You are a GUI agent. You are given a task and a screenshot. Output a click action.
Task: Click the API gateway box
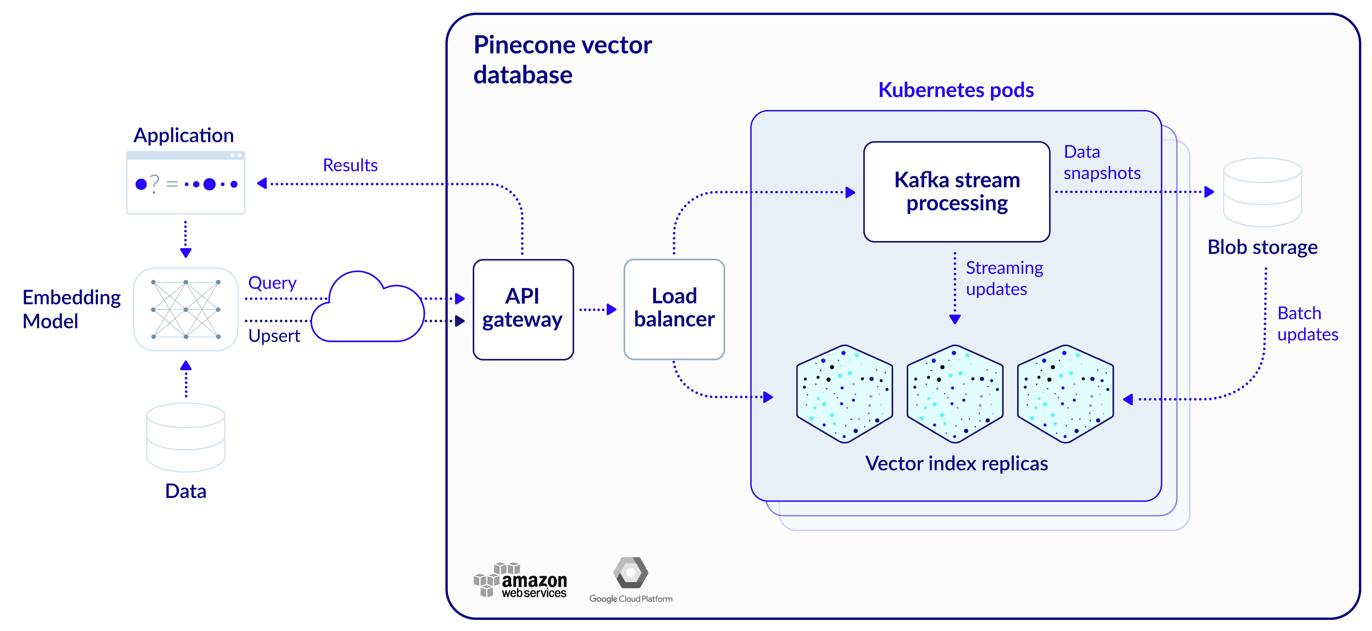[523, 309]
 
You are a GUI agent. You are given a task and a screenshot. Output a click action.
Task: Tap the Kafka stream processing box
[957, 192]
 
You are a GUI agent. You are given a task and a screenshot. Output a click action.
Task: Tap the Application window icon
[185, 183]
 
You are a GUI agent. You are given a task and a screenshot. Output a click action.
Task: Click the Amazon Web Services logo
[520, 580]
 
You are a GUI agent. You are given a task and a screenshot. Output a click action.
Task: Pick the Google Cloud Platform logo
[631, 580]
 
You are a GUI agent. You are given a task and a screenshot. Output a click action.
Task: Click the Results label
[350, 165]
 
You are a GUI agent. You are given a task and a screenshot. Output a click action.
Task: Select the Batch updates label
[1308, 324]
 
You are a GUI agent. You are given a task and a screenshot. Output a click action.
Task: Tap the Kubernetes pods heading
[956, 90]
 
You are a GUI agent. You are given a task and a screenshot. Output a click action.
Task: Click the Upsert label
[274, 336]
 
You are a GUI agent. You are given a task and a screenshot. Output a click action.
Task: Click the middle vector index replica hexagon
[955, 394]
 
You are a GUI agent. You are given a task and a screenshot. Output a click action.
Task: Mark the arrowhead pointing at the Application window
[262, 184]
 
